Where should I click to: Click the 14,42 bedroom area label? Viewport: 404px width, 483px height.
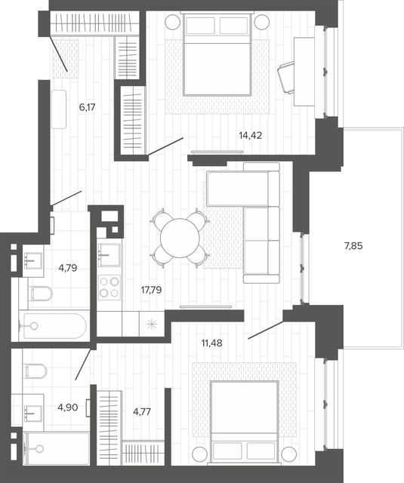tap(250, 135)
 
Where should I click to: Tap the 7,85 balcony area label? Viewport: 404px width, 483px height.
tap(353, 246)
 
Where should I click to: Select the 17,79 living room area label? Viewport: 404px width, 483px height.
tap(151, 290)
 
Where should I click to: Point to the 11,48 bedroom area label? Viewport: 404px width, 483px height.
tap(211, 343)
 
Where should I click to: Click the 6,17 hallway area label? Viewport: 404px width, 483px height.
tap(87, 107)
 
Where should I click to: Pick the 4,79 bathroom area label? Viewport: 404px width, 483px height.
tap(68, 268)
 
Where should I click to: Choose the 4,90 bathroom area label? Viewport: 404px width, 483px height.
tap(68, 408)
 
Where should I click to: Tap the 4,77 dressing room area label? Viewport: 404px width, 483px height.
tap(142, 411)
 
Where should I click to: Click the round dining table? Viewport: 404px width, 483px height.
tap(180, 238)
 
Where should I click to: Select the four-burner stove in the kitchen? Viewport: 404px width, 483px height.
tap(109, 288)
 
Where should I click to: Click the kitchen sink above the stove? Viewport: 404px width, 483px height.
tap(109, 255)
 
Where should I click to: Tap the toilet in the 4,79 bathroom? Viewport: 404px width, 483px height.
tap(41, 294)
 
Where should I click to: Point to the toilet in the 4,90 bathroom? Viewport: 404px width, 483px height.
tap(35, 371)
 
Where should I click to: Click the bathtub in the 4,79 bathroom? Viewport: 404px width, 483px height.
tap(53, 326)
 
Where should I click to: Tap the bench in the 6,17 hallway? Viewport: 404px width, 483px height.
tap(59, 109)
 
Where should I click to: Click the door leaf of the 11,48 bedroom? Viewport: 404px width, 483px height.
tap(266, 330)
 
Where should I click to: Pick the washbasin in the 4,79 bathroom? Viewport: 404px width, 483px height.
tap(32, 260)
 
